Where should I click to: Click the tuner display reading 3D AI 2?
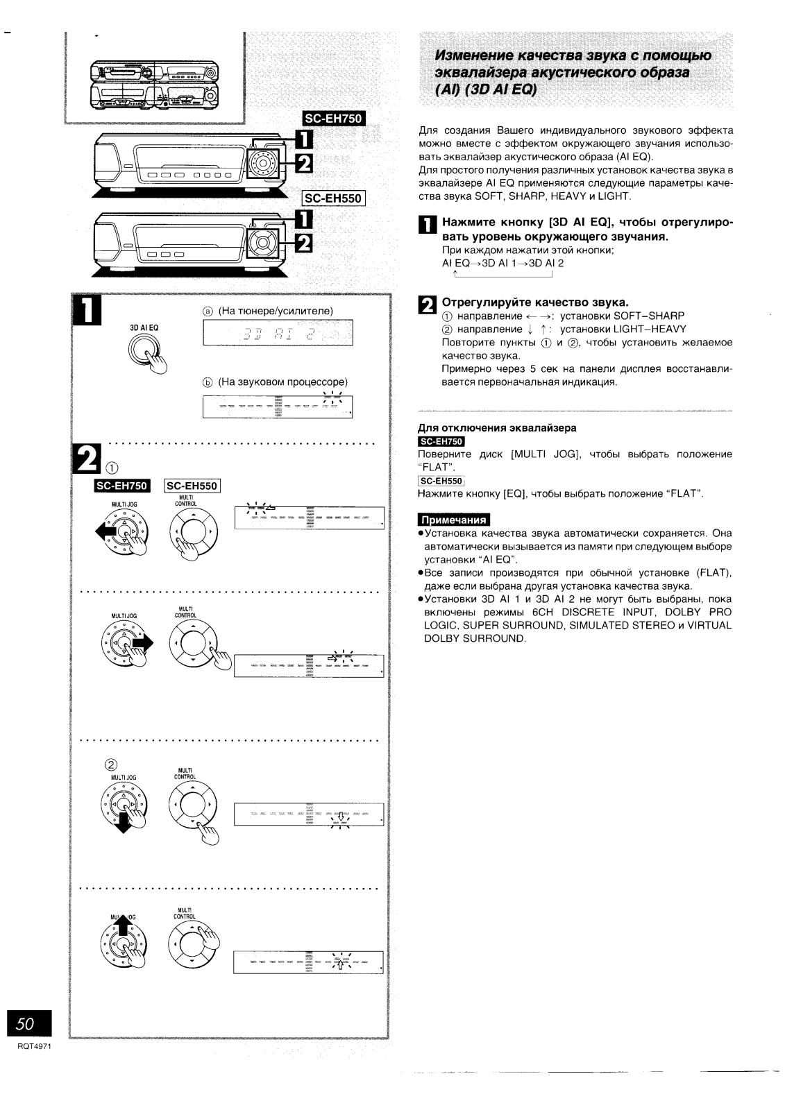coord(278,334)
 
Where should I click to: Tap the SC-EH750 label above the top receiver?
coord(334,119)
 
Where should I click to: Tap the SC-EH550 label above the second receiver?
coord(334,198)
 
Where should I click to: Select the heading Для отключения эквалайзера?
coord(496,428)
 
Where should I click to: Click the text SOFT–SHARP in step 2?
coord(650,316)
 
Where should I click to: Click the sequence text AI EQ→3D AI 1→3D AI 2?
coord(503,263)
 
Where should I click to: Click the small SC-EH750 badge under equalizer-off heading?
coord(441,441)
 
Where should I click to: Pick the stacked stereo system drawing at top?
coord(153,85)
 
